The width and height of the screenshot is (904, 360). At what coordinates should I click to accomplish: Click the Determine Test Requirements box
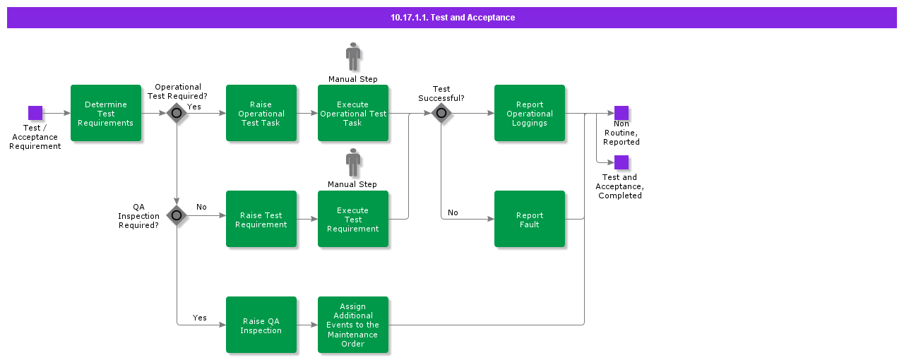(x=106, y=113)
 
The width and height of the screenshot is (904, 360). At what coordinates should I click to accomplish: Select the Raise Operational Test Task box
(x=261, y=113)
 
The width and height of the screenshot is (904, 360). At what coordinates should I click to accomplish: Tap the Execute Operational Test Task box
(x=353, y=113)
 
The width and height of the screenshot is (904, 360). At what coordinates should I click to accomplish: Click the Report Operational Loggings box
(x=530, y=113)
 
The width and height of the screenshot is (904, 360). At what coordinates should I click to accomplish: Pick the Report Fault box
(x=530, y=219)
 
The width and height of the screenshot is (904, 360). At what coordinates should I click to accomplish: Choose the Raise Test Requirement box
(x=261, y=219)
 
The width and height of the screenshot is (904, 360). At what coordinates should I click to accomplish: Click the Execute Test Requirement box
(x=353, y=219)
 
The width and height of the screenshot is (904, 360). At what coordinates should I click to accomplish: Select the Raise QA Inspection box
(x=261, y=325)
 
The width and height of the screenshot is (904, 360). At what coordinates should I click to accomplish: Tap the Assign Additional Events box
(x=353, y=325)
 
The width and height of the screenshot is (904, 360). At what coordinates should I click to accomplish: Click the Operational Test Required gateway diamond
(x=177, y=113)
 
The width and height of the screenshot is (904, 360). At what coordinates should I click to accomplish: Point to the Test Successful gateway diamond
(x=441, y=113)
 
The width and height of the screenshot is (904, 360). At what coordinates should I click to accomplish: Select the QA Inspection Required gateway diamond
(x=177, y=215)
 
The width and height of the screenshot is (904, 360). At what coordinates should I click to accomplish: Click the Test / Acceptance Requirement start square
(x=35, y=113)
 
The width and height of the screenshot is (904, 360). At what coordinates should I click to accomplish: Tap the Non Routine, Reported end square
(x=621, y=113)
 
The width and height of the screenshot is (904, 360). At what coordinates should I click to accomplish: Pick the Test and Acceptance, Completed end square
(x=621, y=162)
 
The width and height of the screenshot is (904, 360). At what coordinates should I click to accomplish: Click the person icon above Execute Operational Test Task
(x=353, y=56)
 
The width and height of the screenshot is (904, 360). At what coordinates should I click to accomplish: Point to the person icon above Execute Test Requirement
(x=353, y=162)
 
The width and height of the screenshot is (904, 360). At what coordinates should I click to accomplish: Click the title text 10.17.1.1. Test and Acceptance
(x=453, y=18)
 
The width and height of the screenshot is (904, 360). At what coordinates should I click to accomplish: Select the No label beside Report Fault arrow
(x=453, y=212)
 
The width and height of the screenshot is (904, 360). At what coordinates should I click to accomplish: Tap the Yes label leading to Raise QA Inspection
(x=200, y=318)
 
